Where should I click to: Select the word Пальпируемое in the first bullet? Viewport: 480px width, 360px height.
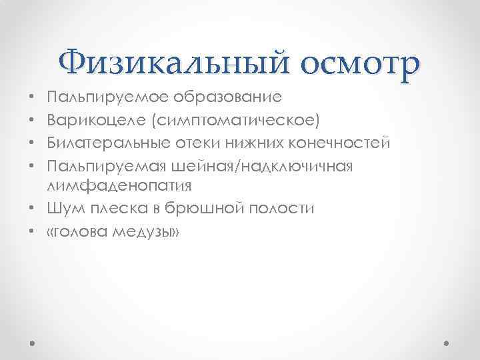(107, 98)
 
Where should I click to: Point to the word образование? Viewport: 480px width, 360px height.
(227, 98)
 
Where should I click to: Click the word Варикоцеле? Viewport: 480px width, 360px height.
(93, 120)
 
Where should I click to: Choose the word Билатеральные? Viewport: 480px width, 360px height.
(106, 143)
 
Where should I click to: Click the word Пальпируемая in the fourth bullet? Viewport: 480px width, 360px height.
(107, 165)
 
